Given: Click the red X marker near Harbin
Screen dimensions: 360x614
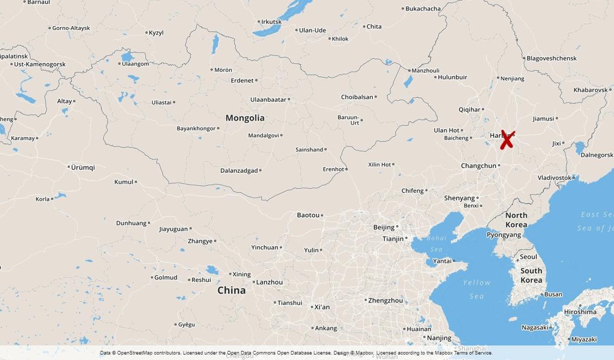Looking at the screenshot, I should tap(506, 140).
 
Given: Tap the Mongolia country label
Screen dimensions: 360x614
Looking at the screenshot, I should tap(245, 118).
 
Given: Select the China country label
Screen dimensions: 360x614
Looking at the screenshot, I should tap(231, 290).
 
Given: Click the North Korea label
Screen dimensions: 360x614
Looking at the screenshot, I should tap(516, 220).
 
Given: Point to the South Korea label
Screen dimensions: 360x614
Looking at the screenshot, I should tap(531, 275).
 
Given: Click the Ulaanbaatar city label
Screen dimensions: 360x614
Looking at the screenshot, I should tap(268, 99).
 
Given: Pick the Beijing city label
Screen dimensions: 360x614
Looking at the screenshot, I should tap(384, 227).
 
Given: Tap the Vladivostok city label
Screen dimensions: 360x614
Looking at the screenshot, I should tap(554, 178).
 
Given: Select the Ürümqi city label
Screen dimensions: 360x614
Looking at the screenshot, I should tap(83, 167).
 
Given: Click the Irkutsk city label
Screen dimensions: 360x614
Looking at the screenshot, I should tap(271, 22).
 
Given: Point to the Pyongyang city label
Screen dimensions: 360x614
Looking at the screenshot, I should tap(503, 235).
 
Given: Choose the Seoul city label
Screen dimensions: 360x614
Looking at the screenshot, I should tap(528, 257).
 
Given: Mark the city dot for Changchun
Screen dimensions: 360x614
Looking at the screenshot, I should tap(499, 166).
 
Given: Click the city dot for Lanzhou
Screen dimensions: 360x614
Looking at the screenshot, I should tap(254, 282).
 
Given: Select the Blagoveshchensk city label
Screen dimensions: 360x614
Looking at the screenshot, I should tap(552, 58).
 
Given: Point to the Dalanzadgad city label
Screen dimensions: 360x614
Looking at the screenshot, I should tap(239, 170).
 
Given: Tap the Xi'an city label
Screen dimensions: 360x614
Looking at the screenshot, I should tap(322, 307).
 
